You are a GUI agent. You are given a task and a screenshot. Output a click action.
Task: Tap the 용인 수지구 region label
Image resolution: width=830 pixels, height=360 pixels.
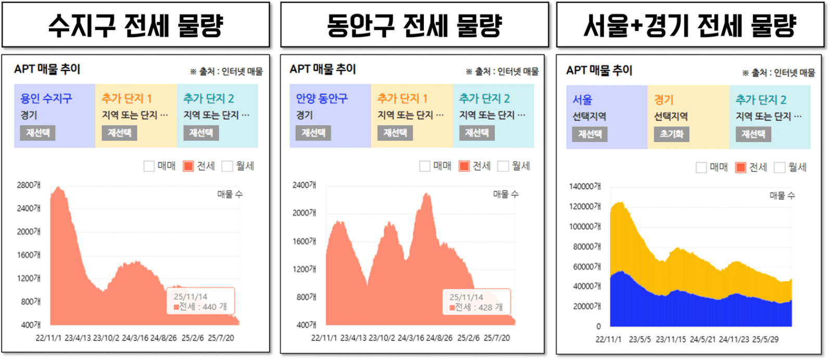pos(46,98)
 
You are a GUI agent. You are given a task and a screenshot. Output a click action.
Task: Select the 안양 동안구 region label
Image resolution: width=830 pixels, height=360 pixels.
pos(322,98)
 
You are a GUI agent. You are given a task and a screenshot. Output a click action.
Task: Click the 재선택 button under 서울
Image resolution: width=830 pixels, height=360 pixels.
pos(590,134)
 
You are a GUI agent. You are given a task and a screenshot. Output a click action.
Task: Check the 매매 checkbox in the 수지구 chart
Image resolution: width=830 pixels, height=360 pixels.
pos(149,166)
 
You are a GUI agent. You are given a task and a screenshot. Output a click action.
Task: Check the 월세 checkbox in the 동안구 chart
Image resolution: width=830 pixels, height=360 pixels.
pos(503,166)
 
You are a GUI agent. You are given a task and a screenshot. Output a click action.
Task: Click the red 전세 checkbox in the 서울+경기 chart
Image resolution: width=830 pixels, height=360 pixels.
pos(740,167)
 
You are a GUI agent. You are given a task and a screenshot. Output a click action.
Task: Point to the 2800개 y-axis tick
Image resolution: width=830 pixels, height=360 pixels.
pos(29,185)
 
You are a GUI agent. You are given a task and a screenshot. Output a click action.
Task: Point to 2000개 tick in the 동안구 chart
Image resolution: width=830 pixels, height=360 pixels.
pos(304,213)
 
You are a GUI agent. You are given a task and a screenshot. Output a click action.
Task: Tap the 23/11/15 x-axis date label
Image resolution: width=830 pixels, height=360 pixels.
pos(671,339)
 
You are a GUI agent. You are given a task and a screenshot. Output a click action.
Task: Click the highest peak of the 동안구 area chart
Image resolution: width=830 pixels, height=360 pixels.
pos(427,194)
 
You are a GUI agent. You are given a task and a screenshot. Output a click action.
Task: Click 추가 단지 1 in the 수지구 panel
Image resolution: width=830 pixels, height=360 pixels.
pos(127,98)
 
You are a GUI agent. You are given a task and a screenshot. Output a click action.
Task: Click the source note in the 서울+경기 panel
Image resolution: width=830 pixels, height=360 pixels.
pos(778,73)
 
